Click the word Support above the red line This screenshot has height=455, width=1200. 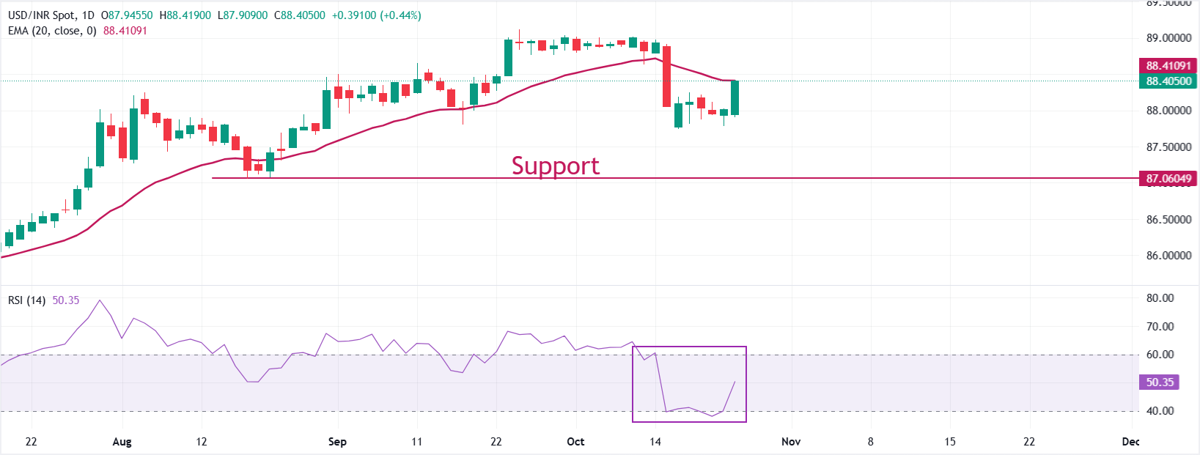(555, 166)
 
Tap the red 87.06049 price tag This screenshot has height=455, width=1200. (1168, 178)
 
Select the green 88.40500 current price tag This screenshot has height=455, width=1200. (1168, 81)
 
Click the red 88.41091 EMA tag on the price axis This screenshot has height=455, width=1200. (1168, 66)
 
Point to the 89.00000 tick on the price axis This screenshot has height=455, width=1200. (1168, 38)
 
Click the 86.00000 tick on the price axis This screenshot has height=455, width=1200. (1168, 256)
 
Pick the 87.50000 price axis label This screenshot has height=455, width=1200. (1168, 147)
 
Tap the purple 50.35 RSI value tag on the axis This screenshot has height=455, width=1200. (1160, 382)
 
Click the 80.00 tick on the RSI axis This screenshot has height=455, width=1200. (1160, 298)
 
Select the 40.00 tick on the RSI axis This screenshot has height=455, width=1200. (1160, 411)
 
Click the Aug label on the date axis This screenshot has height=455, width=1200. (122, 442)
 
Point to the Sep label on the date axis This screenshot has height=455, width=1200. (337, 442)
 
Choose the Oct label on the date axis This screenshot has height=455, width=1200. (575, 442)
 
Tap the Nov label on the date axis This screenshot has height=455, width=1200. (791, 442)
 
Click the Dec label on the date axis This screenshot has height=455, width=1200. (1130, 442)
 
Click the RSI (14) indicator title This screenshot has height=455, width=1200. (26, 300)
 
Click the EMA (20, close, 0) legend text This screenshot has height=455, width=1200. (52, 31)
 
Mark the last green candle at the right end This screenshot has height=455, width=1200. (735, 97)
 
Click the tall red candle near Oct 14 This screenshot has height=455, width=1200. (666, 76)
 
